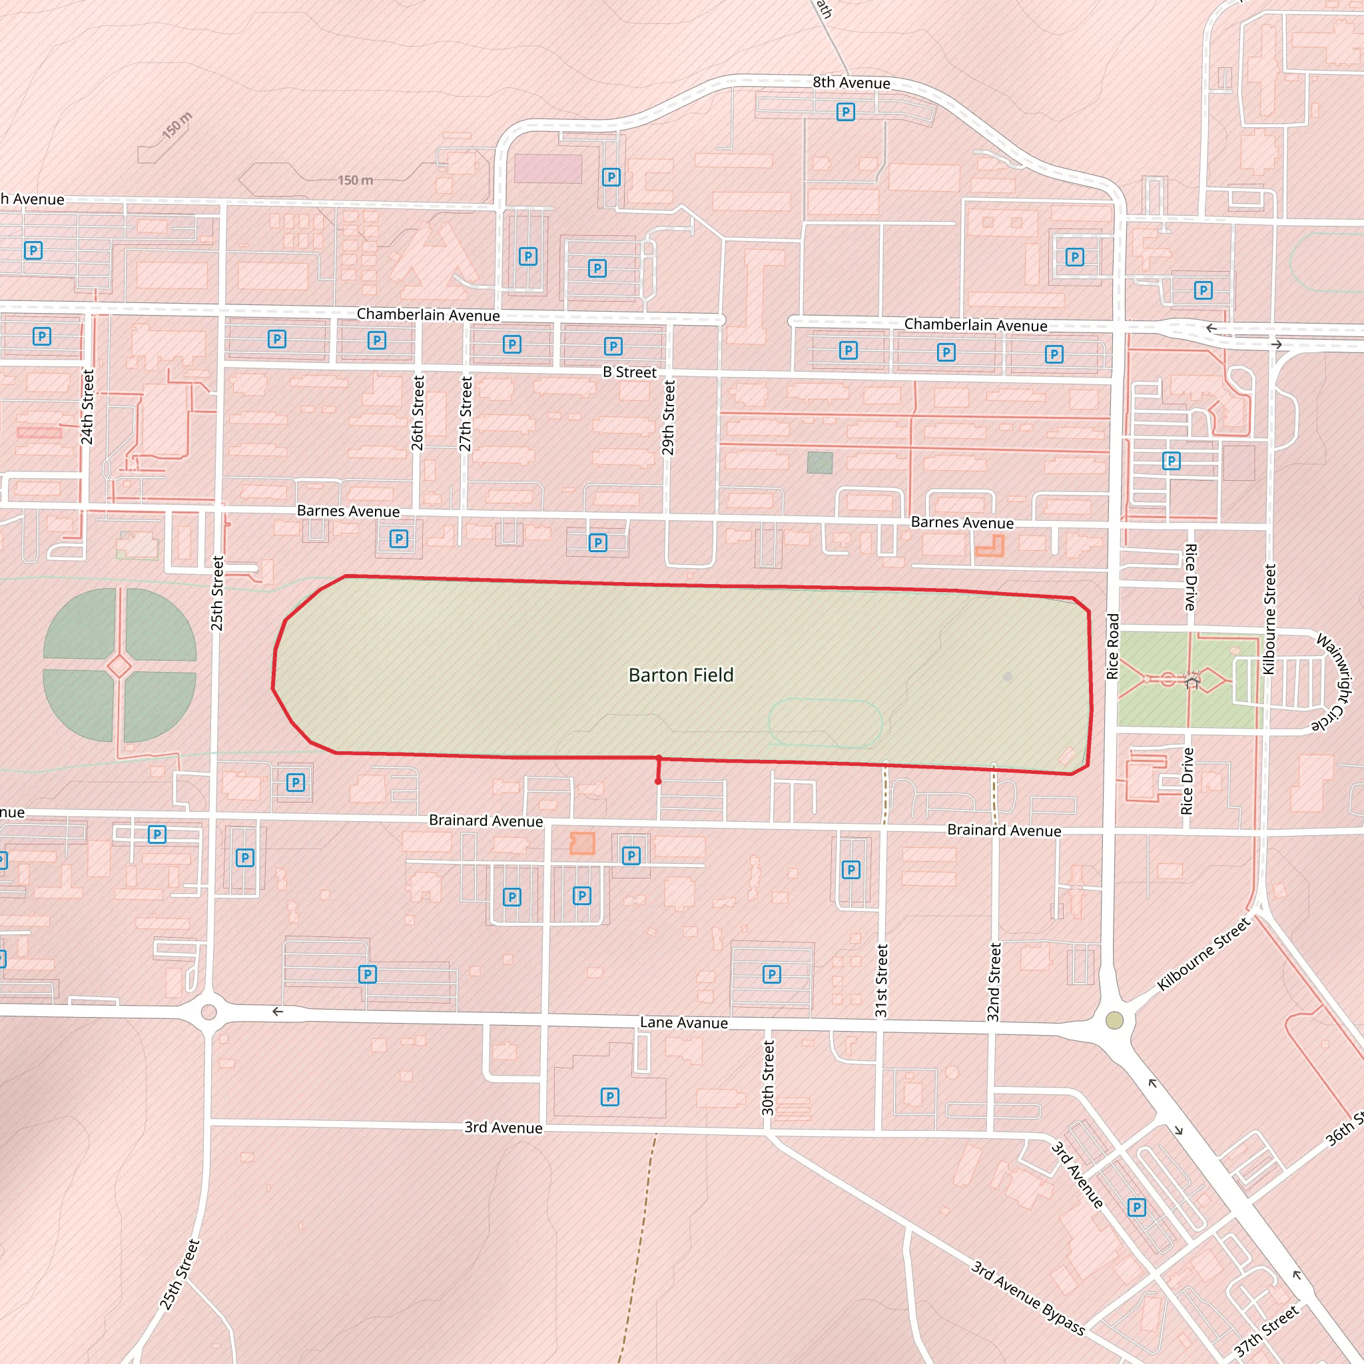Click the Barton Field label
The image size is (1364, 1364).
[681, 675]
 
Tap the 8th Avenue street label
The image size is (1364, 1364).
[851, 83]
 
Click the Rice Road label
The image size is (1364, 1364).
[1113, 647]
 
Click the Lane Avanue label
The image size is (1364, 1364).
[683, 1023]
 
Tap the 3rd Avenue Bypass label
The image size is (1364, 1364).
[1027, 1297]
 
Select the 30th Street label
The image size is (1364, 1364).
[768, 1078]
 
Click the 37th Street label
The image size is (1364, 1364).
[1265, 1331]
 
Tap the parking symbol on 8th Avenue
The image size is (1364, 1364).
[845, 111]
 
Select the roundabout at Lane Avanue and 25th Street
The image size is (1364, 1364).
[208, 1012]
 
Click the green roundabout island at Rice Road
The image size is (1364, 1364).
[1114, 1020]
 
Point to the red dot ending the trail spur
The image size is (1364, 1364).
[658, 781]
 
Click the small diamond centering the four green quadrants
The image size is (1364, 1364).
[119, 666]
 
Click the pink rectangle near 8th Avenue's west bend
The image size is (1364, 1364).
[548, 169]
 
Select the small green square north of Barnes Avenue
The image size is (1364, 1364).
[820, 463]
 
